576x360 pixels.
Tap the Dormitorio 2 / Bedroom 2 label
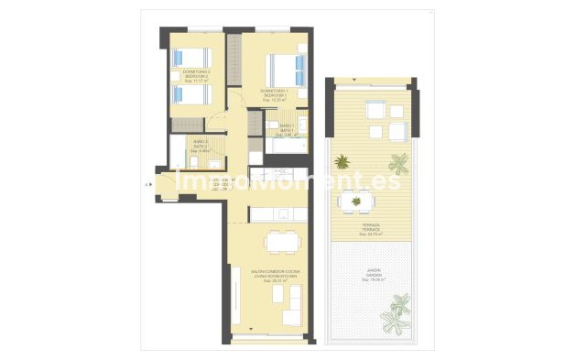197,76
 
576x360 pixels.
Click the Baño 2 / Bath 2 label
200,145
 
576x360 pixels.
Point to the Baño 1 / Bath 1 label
287,129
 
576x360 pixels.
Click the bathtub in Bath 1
284,147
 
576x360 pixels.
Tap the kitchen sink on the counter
283,213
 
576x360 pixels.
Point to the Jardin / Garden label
370,275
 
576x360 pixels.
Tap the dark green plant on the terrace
342,162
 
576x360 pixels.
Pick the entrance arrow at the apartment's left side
147,184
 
